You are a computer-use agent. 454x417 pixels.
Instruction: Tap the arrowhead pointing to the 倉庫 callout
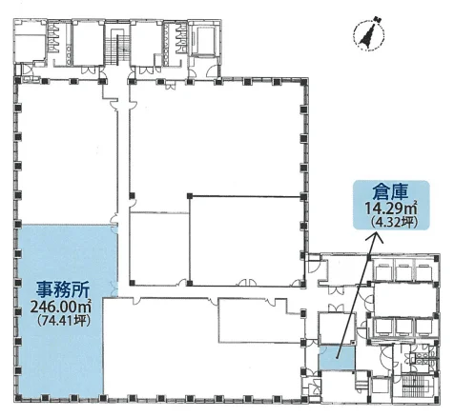tap(372, 238)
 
